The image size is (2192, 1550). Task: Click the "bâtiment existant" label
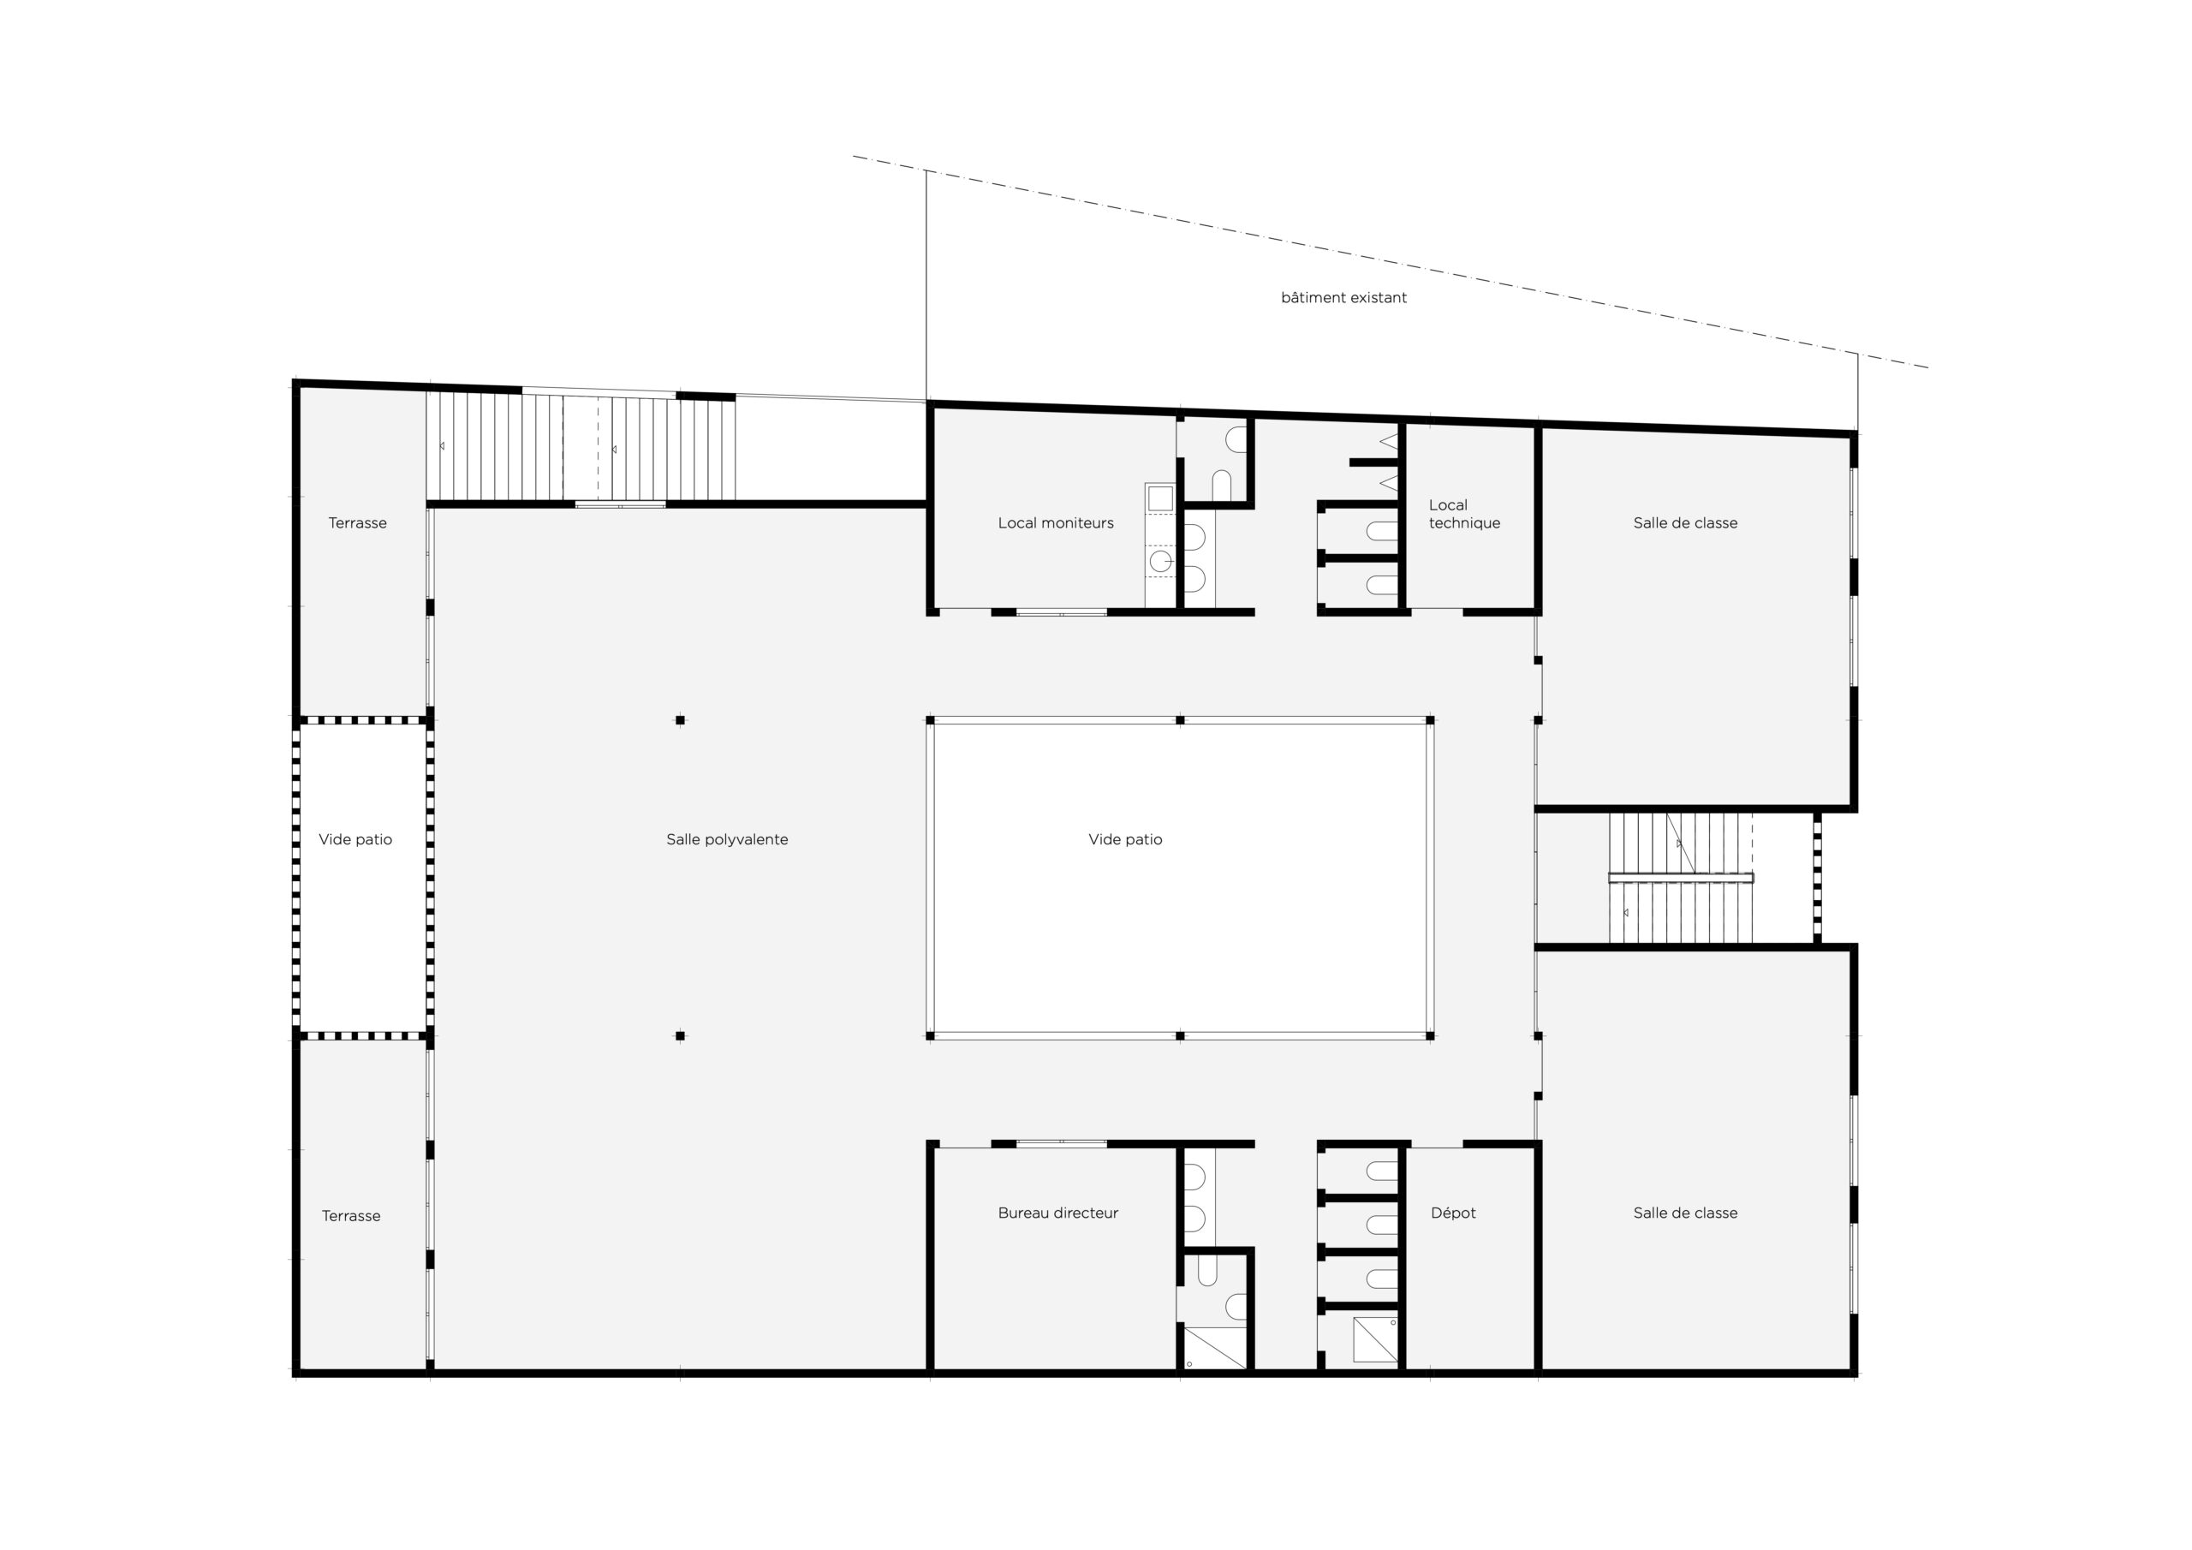point(1343,298)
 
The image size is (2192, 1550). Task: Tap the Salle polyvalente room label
point(727,839)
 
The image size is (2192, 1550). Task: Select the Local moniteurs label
point(1056,523)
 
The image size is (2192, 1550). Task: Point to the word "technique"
point(1464,523)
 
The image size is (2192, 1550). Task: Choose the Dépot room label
point(1453,1213)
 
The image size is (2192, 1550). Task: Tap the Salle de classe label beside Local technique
point(1685,523)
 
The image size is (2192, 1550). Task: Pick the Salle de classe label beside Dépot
point(1685,1213)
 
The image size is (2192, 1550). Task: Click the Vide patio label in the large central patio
point(1126,839)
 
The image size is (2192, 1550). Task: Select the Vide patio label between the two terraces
point(355,839)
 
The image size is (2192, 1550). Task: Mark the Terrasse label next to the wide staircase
point(358,523)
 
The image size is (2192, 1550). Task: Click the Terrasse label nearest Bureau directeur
point(351,1216)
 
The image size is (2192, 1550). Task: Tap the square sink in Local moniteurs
point(1160,498)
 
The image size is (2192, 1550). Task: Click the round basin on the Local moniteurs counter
point(1160,562)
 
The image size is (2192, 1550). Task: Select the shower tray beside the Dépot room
point(1376,1340)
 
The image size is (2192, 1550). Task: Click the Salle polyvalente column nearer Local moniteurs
point(680,720)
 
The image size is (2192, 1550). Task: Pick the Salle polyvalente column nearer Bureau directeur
point(680,1035)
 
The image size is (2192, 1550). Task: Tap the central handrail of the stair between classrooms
point(1681,878)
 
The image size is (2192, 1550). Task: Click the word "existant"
point(1377,298)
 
